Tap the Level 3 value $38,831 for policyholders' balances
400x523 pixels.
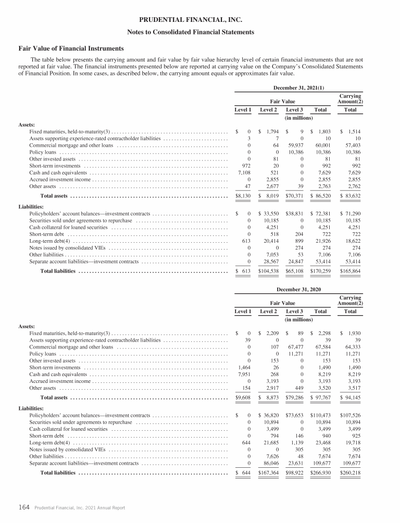(x=295, y=213)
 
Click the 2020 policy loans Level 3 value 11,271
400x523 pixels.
(x=295, y=353)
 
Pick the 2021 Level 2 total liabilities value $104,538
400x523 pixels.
(x=268, y=271)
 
